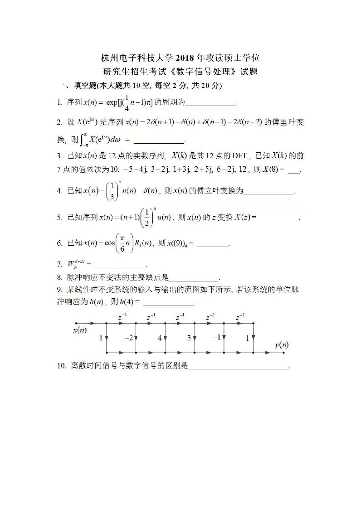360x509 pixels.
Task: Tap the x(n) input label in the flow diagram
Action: click(x=80, y=330)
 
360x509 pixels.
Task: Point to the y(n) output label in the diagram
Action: click(x=282, y=345)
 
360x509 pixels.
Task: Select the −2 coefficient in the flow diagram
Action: click(x=129, y=338)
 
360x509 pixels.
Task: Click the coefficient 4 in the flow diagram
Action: click(x=160, y=338)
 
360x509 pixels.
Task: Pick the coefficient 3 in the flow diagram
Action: click(x=189, y=338)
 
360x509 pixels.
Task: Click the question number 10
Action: click(x=61, y=366)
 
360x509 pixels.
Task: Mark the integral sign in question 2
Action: click(x=83, y=139)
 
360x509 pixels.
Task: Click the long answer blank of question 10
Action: click(x=238, y=368)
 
